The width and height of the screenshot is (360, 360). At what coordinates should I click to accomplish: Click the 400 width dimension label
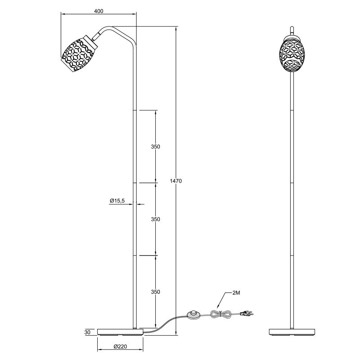pyautogui.click(x=99, y=11)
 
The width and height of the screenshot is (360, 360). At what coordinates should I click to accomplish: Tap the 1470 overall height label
pyautogui.click(x=176, y=181)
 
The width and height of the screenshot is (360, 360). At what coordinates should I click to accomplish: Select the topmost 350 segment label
pyautogui.click(x=155, y=147)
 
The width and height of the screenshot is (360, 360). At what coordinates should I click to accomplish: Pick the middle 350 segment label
pyautogui.click(x=155, y=219)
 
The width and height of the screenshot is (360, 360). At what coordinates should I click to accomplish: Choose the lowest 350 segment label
pyautogui.click(x=155, y=292)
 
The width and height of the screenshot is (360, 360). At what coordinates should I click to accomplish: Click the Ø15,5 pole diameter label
pyautogui.click(x=117, y=201)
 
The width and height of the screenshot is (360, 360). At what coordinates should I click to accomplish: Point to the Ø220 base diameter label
pyautogui.click(x=120, y=346)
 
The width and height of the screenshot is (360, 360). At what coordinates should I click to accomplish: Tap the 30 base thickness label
pyautogui.click(x=87, y=332)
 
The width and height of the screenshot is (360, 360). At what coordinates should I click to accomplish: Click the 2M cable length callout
pyautogui.click(x=236, y=293)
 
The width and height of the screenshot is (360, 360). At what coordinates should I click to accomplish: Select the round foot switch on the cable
pyautogui.click(x=194, y=314)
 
